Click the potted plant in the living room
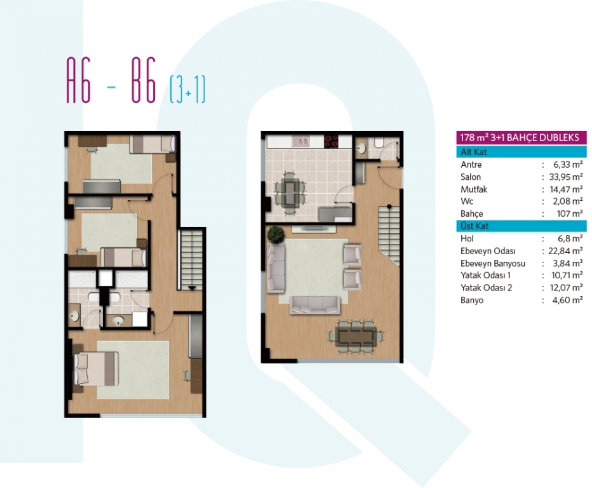(276, 234)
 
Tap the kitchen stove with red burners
(332, 142)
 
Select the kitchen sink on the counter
(301, 142)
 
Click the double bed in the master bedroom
(96, 369)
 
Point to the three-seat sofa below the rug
(315, 305)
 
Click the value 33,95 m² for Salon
(565, 177)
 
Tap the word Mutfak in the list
(474, 189)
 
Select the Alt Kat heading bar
(521, 152)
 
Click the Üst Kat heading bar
(521, 226)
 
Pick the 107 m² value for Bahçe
(570, 213)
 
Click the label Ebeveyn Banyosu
(493, 263)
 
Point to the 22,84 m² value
(565, 251)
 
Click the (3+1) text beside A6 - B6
(187, 90)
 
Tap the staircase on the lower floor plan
(389, 234)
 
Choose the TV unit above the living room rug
(313, 228)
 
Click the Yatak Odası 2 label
(487, 288)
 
